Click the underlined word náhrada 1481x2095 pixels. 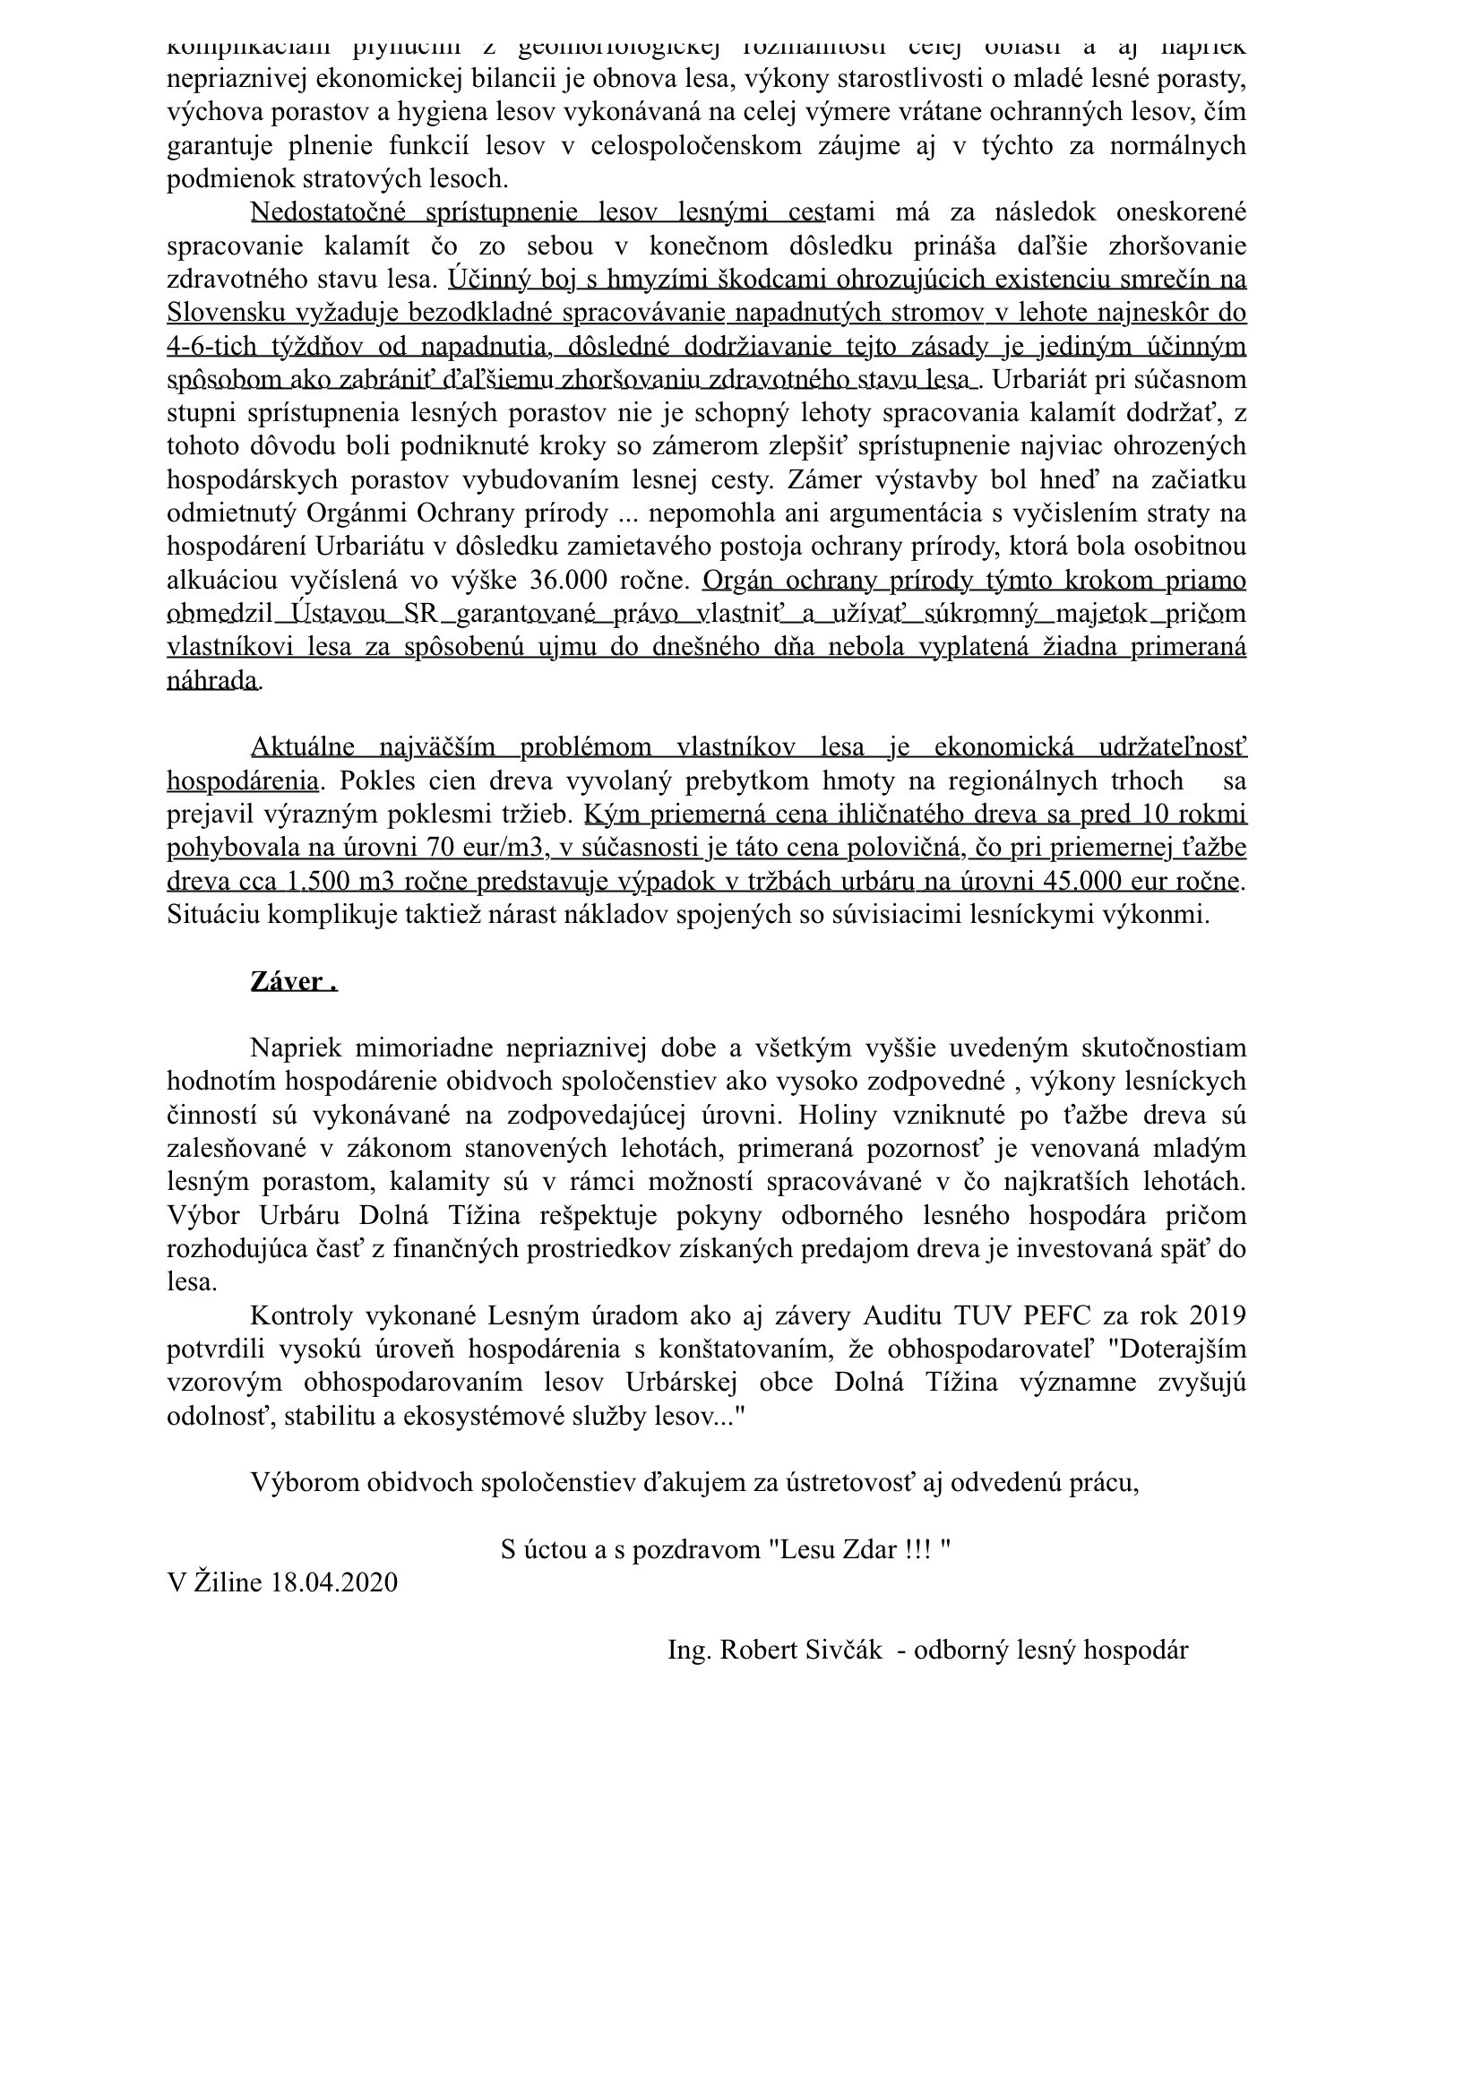(211, 680)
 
